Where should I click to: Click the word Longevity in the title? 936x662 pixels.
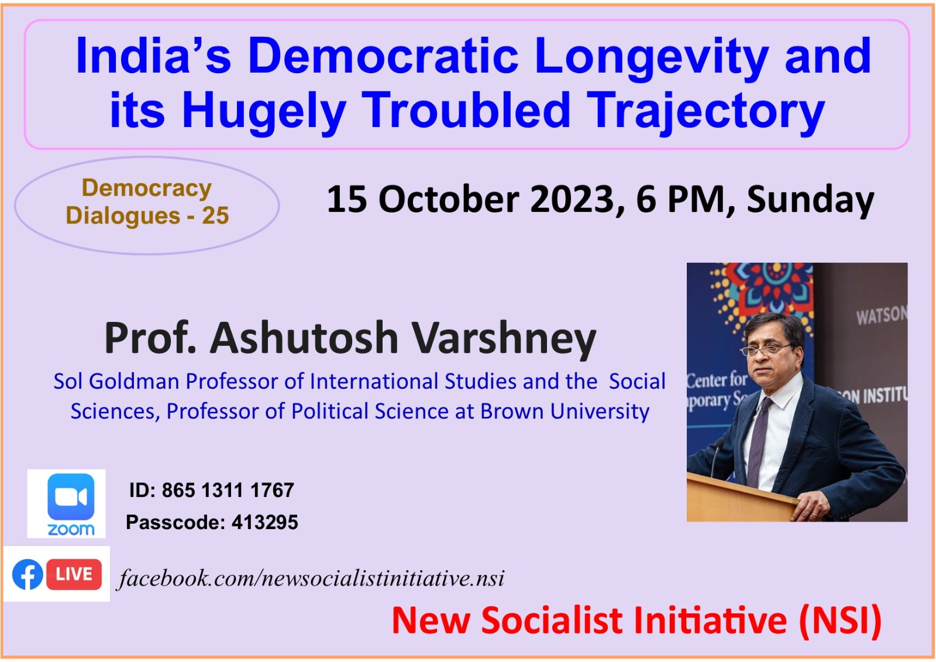coord(651,57)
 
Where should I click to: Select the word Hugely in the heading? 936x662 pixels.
coord(264,111)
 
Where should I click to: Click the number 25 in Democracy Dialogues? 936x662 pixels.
coord(215,216)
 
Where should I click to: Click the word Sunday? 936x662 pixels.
coord(810,200)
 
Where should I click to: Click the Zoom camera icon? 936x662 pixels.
coord(70,496)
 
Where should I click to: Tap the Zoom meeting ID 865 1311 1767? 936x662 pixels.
coord(228,490)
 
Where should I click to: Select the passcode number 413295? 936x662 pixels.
coord(264,522)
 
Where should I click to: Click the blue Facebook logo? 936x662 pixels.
coord(27,574)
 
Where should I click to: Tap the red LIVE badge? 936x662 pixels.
coord(74,574)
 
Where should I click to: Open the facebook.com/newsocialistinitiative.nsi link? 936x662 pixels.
coord(311,578)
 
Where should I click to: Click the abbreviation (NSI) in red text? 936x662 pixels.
coord(841,620)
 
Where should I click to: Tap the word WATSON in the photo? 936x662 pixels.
coord(881,315)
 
